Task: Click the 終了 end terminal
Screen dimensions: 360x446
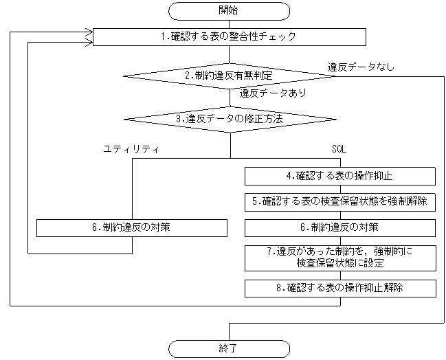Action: (230, 348)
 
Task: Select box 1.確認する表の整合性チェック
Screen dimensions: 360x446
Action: (230, 36)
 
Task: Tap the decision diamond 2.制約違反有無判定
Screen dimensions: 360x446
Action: (229, 75)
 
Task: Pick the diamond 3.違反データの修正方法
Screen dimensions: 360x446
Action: (229, 118)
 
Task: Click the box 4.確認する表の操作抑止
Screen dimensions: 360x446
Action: (340, 176)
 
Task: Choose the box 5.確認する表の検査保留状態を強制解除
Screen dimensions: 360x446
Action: (340, 201)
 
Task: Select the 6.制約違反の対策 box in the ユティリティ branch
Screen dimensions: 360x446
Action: (132, 227)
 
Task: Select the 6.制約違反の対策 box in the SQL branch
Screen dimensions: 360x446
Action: (340, 227)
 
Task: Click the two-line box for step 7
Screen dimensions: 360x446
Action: (340, 258)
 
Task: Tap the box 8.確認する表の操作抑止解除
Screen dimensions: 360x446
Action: (340, 288)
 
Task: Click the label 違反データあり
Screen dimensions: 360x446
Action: (273, 92)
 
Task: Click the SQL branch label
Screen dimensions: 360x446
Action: (339, 148)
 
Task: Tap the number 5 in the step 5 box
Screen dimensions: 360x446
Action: (254, 201)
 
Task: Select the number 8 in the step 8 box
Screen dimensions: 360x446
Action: (279, 288)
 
